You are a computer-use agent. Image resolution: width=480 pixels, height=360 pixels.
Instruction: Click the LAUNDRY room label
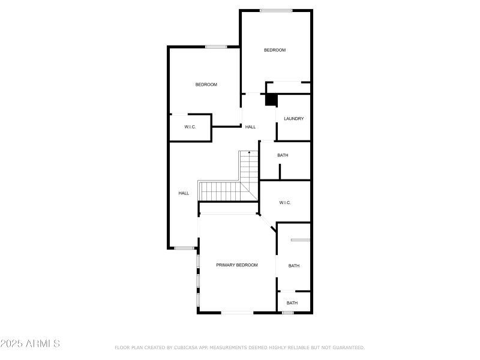click(293, 118)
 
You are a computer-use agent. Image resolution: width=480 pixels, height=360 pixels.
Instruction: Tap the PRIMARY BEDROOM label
click(237, 265)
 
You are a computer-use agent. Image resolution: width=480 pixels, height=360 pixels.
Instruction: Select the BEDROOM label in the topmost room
click(275, 50)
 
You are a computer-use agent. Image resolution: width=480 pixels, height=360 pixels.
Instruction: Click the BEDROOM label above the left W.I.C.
click(206, 85)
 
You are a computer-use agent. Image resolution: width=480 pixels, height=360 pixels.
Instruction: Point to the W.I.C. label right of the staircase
click(285, 203)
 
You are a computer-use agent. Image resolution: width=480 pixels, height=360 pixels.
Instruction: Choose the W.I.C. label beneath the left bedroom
click(190, 127)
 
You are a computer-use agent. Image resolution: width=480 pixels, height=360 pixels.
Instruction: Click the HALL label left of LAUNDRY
click(250, 127)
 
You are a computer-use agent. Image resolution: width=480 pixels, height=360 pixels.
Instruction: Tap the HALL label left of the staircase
click(184, 193)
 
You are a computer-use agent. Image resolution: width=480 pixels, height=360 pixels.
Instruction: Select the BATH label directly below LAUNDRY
click(283, 155)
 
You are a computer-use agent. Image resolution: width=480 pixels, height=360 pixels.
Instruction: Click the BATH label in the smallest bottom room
click(292, 303)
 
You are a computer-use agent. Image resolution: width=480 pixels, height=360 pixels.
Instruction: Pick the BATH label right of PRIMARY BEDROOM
click(294, 266)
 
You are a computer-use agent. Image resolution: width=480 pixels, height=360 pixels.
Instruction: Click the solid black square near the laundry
click(271, 100)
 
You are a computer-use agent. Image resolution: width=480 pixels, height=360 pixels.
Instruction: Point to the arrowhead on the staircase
click(249, 152)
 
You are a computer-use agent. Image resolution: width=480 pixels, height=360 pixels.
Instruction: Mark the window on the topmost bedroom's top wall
click(276, 11)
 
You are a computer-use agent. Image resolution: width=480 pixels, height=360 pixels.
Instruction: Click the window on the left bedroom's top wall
click(216, 47)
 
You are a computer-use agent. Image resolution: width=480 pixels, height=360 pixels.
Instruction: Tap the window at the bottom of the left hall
click(184, 248)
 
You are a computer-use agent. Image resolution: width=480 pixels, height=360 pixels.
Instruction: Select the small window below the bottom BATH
click(288, 313)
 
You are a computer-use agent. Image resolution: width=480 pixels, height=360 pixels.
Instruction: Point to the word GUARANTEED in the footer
click(349, 347)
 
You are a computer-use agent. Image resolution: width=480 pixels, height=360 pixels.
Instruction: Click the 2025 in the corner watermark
click(11, 343)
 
